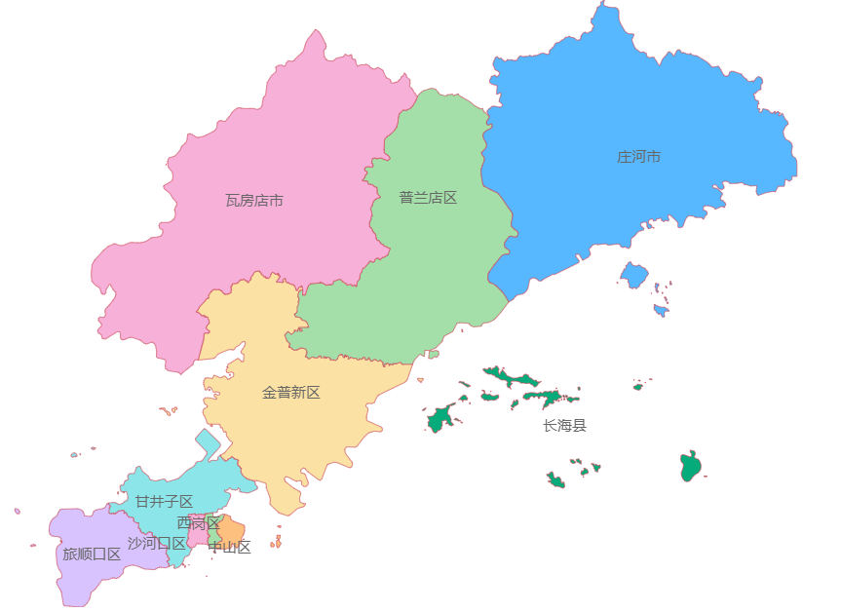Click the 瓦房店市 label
pos(254,201)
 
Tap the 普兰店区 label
pos(428,198)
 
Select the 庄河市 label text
pos(639,157)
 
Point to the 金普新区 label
pos(290,393)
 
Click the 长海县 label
pos(565,426)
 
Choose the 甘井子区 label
pos(164,502)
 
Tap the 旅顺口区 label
pos(92,555)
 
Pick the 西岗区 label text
pos(199,523)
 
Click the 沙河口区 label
pos(156,543)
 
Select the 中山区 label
pos(230,548)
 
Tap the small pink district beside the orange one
pos(196,536)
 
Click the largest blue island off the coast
pos(634,275)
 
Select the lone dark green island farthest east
pos(691,467)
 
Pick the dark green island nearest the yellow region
pos(439,420)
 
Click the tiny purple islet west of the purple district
pos(18,511)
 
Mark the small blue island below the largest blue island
pos(661,311)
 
